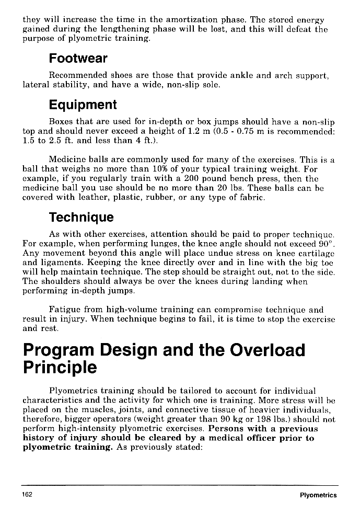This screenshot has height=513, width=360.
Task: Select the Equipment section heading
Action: coord(83,105)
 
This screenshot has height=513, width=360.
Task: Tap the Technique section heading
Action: coord(80,217)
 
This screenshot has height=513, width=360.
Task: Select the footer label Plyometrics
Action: coord(318,495)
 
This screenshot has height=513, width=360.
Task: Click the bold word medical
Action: coord(232,438)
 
